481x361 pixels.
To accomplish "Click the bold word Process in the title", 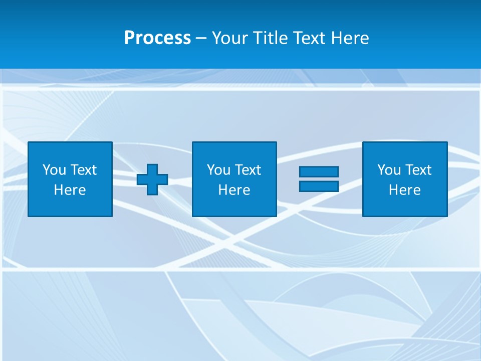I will pyautogui.click(x=157, y=38).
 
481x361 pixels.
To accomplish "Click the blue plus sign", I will pyautogui.click(x=152, y=179).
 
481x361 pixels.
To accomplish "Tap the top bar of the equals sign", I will pyautogui.click(x=319, y=171).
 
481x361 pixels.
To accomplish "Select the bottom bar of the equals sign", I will pyautogui.click(x=319, y=186).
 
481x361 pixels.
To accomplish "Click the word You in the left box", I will pyautogui.click(x=54, y=170).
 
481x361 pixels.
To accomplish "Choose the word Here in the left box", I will pyautogui.click(x=70, y=190).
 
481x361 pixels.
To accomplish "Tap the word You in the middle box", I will pyautogui.click(x=218, y=170).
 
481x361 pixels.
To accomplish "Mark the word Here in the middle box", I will pyautogui.click(x=234, y=190).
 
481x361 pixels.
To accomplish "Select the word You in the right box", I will pyautogui.click(x=389, y=170).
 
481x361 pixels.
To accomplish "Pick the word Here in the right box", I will pyautogui.click(x=404, y=190).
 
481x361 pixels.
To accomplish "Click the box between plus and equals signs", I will pyautogui.click(x=234, y=206).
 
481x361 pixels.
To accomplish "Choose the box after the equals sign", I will pyautogui.click(x=404, y=206).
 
